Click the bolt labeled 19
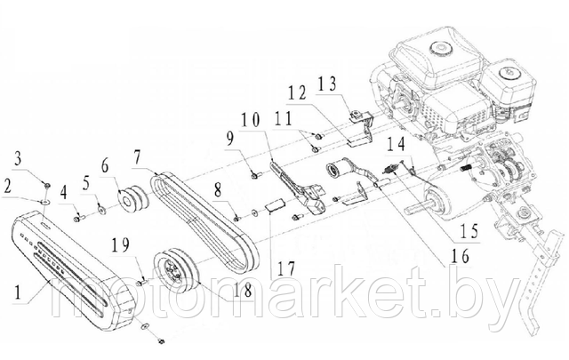pos(142,282)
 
